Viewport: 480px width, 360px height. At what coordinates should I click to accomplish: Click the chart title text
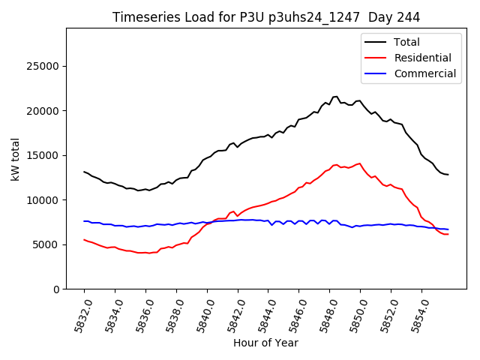[x=265, y=17]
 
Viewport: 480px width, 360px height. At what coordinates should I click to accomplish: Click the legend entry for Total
[x=407, y=42]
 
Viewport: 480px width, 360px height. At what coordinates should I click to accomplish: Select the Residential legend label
[x=422, y=58]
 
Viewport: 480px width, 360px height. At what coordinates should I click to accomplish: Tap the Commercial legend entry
[x=424, y=73]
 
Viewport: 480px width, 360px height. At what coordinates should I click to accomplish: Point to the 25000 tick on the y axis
[x=43, y=67]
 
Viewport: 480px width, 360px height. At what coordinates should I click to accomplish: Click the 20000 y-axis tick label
[x=43, y=111]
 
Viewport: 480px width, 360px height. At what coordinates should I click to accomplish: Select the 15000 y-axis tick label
[x=43, y=155]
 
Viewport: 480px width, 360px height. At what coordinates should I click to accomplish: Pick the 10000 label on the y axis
[x=43, y=200]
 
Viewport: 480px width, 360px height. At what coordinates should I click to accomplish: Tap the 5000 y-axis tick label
[x=46, y=244]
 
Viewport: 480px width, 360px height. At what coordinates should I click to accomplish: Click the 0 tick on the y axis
[x=56, y=289]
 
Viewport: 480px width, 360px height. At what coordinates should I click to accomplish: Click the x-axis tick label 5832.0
[x=78, y=313]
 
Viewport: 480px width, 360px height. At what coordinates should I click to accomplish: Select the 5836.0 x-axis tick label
[x=139, y=313]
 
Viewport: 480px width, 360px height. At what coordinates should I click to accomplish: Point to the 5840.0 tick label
[x=201, y=313]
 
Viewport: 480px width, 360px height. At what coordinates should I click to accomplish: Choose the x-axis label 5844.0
[x=262, y=313]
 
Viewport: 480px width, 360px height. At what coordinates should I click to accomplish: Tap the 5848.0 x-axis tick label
[x=324, y=313]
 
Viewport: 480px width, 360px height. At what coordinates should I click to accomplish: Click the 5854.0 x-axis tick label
[x=416, y=313]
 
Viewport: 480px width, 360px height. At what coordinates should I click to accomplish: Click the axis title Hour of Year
[x=265, y=343]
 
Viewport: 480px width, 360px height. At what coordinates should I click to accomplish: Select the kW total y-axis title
[x=16, y=158]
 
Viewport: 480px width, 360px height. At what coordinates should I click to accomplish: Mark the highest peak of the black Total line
[x=335, y=96]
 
